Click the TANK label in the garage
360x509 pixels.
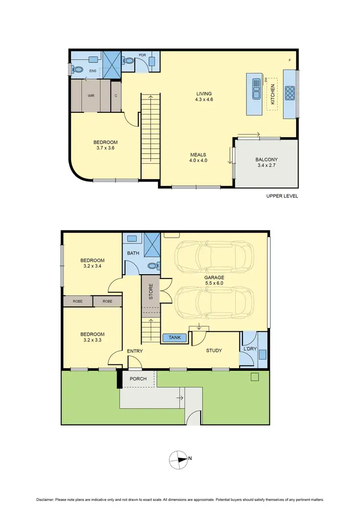(x=175, y=338)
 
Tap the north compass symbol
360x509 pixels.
(x=179, y=459)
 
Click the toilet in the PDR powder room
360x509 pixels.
(x=128, y=61)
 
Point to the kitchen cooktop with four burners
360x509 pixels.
(x=290, y=93)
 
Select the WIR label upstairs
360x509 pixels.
(x=91, y=96)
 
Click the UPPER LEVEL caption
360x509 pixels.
(x=282, y=196)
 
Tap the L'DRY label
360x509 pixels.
(x=250, y=348)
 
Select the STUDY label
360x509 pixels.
(x=214, y=351)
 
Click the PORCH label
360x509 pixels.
(x=138, y=379)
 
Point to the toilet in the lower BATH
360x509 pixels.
(x=152, y=265)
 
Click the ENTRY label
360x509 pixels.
(x=135, y=351)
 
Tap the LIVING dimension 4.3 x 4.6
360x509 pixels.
(x=204, y=100)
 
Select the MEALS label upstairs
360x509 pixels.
(x=198, y=154)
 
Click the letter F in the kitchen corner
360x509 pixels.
(x=289, y=60)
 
